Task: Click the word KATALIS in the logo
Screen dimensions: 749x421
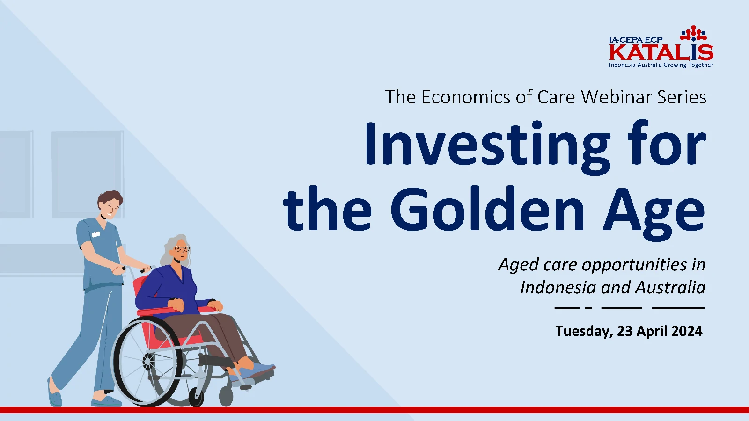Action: (x=661, y=52)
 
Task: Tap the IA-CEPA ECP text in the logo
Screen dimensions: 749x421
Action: (x=636, y=40)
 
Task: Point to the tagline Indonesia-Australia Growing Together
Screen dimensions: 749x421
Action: (x=661, y=65)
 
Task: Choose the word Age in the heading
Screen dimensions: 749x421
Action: (x=654, y=213)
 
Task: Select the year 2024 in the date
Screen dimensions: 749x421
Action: (x=686, y=331)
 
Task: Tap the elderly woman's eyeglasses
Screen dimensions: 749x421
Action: (x=182, y=249)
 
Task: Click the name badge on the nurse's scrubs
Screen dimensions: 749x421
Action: (x=96, y=234)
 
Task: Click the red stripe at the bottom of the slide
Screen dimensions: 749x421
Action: (x=374, y=410)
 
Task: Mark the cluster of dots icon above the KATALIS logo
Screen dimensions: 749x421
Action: (x=693, y=33)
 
